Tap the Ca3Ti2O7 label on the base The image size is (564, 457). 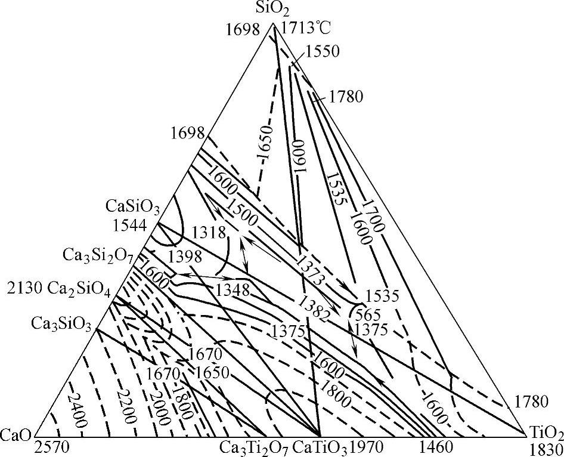pos(247,447)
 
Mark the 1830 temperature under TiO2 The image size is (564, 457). pos(543,448)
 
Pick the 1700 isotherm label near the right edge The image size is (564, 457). pos(373,215)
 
